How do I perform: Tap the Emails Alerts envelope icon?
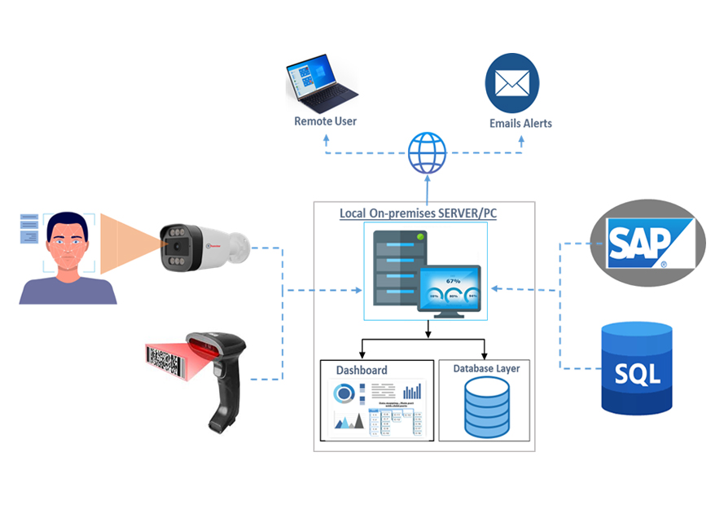pyautogui.click(x=512, y=83)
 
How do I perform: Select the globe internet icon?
pyautogui.click(x=427, y=153)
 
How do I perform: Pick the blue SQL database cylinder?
pyautogui.click(x=636, y=367)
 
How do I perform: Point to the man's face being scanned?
pyautogui.click(x=68, y=245)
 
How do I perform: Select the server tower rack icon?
pyautogui.click(x=397, y=266)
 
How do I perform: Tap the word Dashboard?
pyautogui.click(x=362, y=370)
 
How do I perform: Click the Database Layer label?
pyautogui.click(x=486, y=368)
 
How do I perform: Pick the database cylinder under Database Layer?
pyautogui.click(x=486, y=407)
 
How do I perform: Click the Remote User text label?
pyautogui.click(x=325, y=121)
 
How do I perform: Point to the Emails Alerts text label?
pyautogui.click(x=520, y=124)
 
